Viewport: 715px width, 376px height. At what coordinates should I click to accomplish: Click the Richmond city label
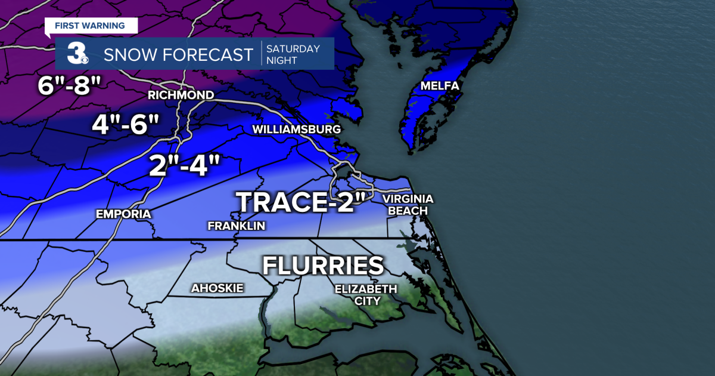coord(181,95)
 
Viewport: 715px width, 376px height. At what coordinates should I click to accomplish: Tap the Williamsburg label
coord(296,130)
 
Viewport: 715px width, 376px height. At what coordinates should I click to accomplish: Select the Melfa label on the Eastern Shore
coord(440,86)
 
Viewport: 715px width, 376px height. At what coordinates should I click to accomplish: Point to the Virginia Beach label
coord(408,205)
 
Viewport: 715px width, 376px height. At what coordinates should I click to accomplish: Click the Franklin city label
coord(236,226)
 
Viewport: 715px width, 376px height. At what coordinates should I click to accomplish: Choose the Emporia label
coord(123,214)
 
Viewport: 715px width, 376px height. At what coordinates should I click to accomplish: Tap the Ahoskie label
coord(217,288)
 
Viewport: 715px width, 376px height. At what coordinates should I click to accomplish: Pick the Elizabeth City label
coord(366,295)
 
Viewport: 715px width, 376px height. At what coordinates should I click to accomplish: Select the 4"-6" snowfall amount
coord(126,124)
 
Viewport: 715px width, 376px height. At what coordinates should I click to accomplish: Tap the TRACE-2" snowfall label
coord(301,202)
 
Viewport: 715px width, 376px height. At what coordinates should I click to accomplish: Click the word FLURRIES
coord(323,265)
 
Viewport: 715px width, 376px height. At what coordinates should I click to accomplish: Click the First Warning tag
coord(90,26)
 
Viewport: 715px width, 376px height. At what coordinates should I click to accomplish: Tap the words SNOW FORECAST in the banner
coord(178,55)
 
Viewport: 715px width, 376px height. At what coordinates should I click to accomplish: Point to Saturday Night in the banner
coord(293,54)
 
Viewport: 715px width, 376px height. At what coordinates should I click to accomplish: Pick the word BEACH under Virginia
coord(408,211)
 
